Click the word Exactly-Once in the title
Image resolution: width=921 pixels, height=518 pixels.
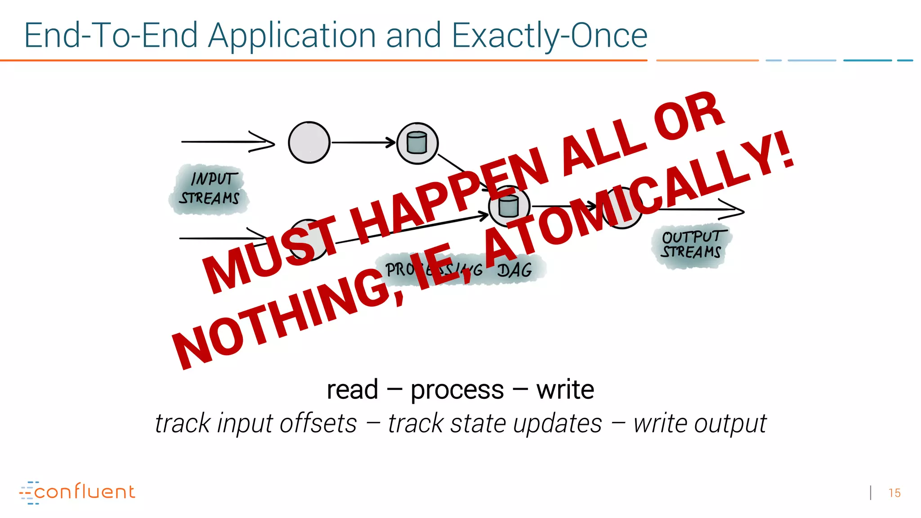[x=549, y=36]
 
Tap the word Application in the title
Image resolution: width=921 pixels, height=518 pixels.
[x=292, y=36]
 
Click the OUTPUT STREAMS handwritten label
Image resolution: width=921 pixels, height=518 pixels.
[x=691, y=245]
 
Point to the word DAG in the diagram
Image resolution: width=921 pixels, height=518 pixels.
[x=514, y=270]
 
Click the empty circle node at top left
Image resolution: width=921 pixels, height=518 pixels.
[x=309, y=143]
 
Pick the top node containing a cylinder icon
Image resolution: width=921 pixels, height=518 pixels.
[x=417, y=143]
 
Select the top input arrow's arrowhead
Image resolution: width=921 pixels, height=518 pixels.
[x=263, y=142]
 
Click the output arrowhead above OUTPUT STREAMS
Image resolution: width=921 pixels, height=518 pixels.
[x=733, y=210]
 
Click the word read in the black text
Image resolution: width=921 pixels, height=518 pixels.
[x=352, y=389]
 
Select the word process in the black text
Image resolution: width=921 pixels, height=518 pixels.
[x=457, y=390]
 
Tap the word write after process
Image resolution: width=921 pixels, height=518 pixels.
[x=565, y=389]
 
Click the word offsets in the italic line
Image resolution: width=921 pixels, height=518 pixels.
[x=318, y=424]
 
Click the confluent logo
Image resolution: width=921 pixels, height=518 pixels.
[x=77, y=492]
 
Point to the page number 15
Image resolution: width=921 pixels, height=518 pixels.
[x=894, y=493]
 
